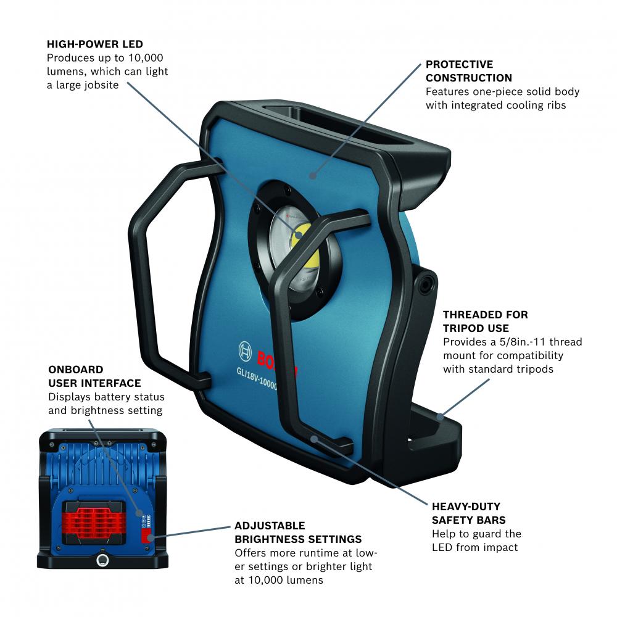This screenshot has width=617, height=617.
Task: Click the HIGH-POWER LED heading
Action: coord(95,44)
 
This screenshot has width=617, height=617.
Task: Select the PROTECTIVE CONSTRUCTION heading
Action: coord(469,71)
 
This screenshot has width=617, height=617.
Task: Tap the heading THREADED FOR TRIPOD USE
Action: coord(486,321)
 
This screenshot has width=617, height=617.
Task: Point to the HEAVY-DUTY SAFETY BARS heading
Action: coord(469,513)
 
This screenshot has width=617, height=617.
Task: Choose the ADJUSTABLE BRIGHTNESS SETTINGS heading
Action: coord(298,532)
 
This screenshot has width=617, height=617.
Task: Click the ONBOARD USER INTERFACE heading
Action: coord(94,376)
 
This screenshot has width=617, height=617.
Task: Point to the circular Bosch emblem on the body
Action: coord(245,351)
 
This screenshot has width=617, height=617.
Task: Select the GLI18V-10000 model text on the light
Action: coord(257,379)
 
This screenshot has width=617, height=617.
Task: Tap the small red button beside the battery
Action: coord(147,536)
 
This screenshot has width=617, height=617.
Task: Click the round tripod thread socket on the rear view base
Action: coord(102,560)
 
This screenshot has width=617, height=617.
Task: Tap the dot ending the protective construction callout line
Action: coord(313,175)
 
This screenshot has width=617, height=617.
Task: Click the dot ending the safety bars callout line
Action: coord(313,438)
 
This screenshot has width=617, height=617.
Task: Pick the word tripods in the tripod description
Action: coord(534,370)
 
